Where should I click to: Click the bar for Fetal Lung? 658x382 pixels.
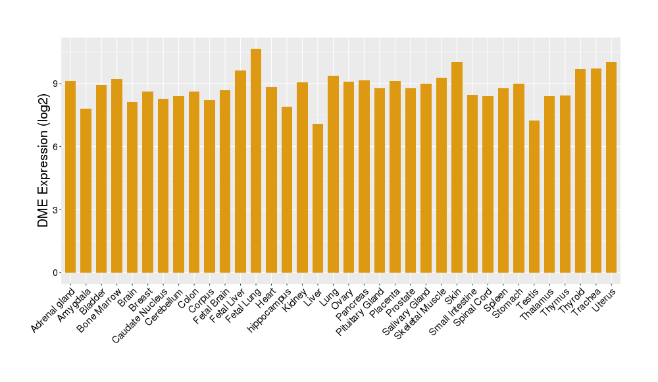(256, 161)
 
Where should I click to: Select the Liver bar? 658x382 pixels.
(318, 198)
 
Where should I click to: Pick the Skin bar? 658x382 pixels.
(457, 167)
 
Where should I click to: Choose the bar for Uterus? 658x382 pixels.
(611, 167)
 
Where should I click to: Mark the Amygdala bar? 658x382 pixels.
(86, 190)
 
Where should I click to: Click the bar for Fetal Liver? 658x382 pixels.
(240, 171)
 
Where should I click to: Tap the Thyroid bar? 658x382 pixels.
(580, 171)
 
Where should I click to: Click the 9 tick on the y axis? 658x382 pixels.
(56, 84)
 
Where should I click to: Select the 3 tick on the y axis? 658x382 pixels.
(56, 210)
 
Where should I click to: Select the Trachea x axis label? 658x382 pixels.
(587, 303)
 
